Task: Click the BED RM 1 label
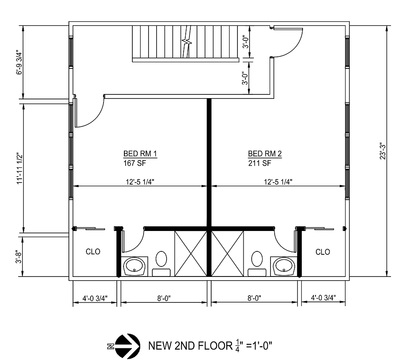140,154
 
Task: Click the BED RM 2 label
265,154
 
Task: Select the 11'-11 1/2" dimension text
18,169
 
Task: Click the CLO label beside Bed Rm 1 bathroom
93,252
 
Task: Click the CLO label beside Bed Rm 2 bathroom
323,252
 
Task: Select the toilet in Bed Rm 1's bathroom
161,259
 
